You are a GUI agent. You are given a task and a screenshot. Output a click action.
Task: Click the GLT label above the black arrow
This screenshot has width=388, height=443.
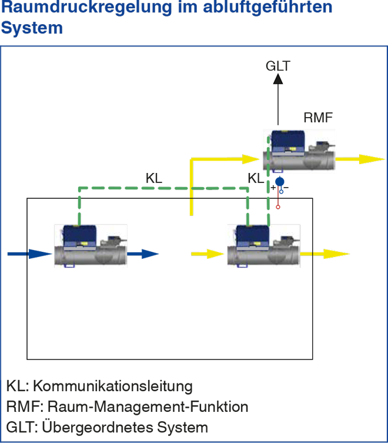coord(278,66)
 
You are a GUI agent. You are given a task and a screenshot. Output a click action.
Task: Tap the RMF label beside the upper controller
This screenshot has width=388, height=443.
coord(318,118)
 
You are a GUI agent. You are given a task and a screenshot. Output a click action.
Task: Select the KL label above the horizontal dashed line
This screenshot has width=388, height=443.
coord(154,178)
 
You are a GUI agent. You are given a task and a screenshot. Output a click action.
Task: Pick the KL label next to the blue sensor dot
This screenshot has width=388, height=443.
coord(256,178)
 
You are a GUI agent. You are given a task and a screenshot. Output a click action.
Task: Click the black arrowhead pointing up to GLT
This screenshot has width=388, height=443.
coord(278,79)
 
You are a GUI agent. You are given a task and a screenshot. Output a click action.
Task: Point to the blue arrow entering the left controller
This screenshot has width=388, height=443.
coord(29,254)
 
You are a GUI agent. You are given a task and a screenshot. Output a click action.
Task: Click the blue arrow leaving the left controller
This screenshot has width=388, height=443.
coord(143,254)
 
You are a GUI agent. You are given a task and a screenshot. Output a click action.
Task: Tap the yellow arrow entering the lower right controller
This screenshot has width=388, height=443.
coord(208,254)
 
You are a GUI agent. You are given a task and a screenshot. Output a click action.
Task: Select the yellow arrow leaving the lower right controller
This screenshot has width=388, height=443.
coord(325,254)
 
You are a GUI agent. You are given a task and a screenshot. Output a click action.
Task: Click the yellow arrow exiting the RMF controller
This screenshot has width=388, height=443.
coord(360,159)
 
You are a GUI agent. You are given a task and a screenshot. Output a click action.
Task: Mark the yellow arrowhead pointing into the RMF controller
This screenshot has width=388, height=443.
coord(251,159)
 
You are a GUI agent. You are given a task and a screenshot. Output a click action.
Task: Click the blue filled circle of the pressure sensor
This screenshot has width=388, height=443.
coord(280,182)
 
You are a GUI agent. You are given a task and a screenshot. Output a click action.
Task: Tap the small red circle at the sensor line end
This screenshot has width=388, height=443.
coord(278,207)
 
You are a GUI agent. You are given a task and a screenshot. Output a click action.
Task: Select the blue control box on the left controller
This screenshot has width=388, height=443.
coord(80,237)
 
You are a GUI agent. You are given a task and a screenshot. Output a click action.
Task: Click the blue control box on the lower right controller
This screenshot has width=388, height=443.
coord(253,237)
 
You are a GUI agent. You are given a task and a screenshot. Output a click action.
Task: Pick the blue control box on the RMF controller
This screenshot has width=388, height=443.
coord(287,142)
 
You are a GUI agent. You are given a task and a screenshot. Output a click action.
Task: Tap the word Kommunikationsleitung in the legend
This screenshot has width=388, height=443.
coord(113,386)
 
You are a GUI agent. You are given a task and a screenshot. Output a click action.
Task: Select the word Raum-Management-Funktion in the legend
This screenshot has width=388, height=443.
coord(148,407)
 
